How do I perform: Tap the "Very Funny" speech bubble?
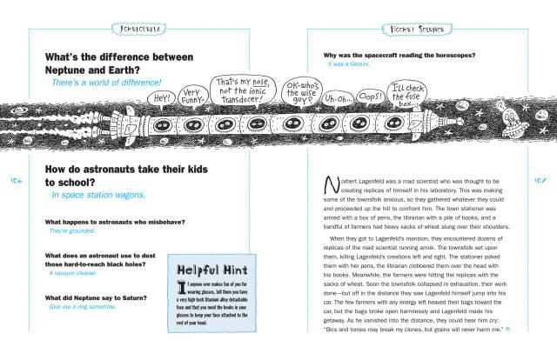click(196, 95)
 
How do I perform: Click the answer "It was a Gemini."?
click(350, 64)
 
